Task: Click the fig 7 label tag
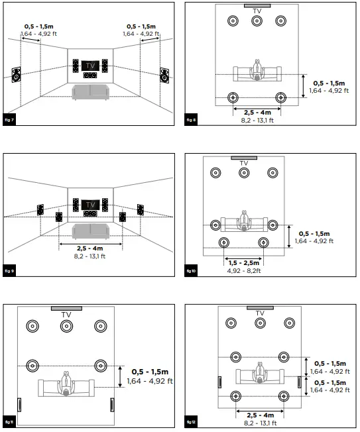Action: pos(9,119)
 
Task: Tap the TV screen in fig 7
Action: pos(91,66)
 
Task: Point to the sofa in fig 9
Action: pos(90,231)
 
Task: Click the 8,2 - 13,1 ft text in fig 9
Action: pos(90,256)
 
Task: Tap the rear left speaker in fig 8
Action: pos(233,98)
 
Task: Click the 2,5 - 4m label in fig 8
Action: pos(257,112)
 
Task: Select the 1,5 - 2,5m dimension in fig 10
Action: pos(244,263)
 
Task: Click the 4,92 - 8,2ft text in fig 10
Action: pos(244,271)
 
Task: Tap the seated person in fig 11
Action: pos(66,385)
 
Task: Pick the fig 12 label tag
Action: pos(190,421)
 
